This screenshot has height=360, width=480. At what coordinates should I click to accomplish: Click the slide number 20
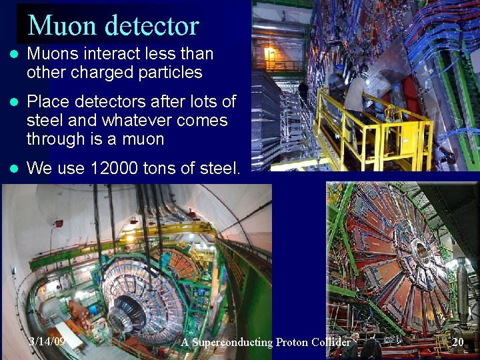(x=457, y=342)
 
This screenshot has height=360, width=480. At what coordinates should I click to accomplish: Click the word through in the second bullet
(x=54, y=139)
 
